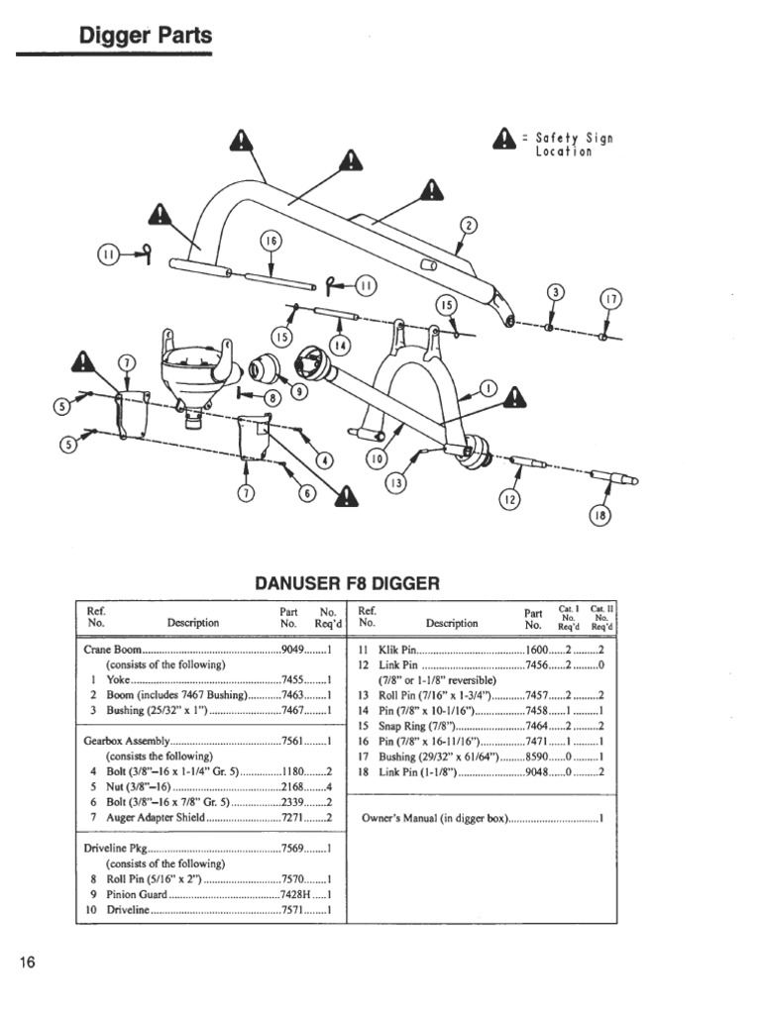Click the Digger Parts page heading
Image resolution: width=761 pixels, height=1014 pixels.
[x=145, y=37]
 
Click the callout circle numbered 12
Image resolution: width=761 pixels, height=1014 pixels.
[x=508, y=500]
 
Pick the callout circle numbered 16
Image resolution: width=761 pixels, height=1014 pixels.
[x=271, y=242]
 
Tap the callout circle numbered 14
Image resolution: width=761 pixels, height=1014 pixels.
[x=340, y=345]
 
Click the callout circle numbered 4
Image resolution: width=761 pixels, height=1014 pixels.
[x=323, y=459]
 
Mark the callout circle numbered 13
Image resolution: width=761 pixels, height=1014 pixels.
[x=396, y=482]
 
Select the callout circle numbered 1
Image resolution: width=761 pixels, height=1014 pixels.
[x=489, y=386]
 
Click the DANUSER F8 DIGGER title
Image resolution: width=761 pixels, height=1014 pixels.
[x=346, y=583]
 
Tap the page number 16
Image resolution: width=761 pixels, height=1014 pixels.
[x=27, y=963]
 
